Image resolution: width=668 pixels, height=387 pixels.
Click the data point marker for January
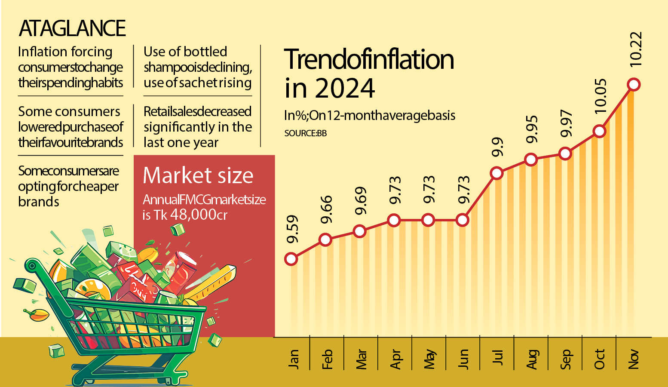(291, 259)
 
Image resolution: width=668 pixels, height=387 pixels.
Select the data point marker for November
(634, 84)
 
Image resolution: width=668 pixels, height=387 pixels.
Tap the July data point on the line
(496, 173)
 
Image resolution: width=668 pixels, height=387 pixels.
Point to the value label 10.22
(635, 49)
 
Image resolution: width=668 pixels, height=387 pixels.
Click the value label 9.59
(292, 229)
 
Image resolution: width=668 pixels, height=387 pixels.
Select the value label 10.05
(600, 95)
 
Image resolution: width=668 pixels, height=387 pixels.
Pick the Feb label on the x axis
(327, 359)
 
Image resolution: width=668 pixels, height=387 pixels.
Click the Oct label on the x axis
(600, 359)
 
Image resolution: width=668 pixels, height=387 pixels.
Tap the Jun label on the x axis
(463, 359)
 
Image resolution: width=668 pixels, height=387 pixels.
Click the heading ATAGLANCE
(72, 28)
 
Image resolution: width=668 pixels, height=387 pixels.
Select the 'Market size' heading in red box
(198, 175)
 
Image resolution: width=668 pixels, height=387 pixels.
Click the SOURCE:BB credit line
(305, 133)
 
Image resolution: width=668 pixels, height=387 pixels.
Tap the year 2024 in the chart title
(345, 88)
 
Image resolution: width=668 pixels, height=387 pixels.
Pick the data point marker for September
(565, 154)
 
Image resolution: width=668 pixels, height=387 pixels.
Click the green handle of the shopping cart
(32, 265)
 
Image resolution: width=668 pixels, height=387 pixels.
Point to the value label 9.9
(497, 147)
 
